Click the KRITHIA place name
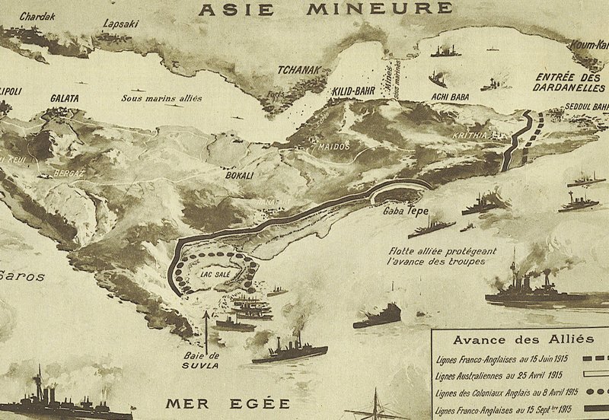(481, 132)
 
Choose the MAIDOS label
(333, 145)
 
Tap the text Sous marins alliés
(160, 99)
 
